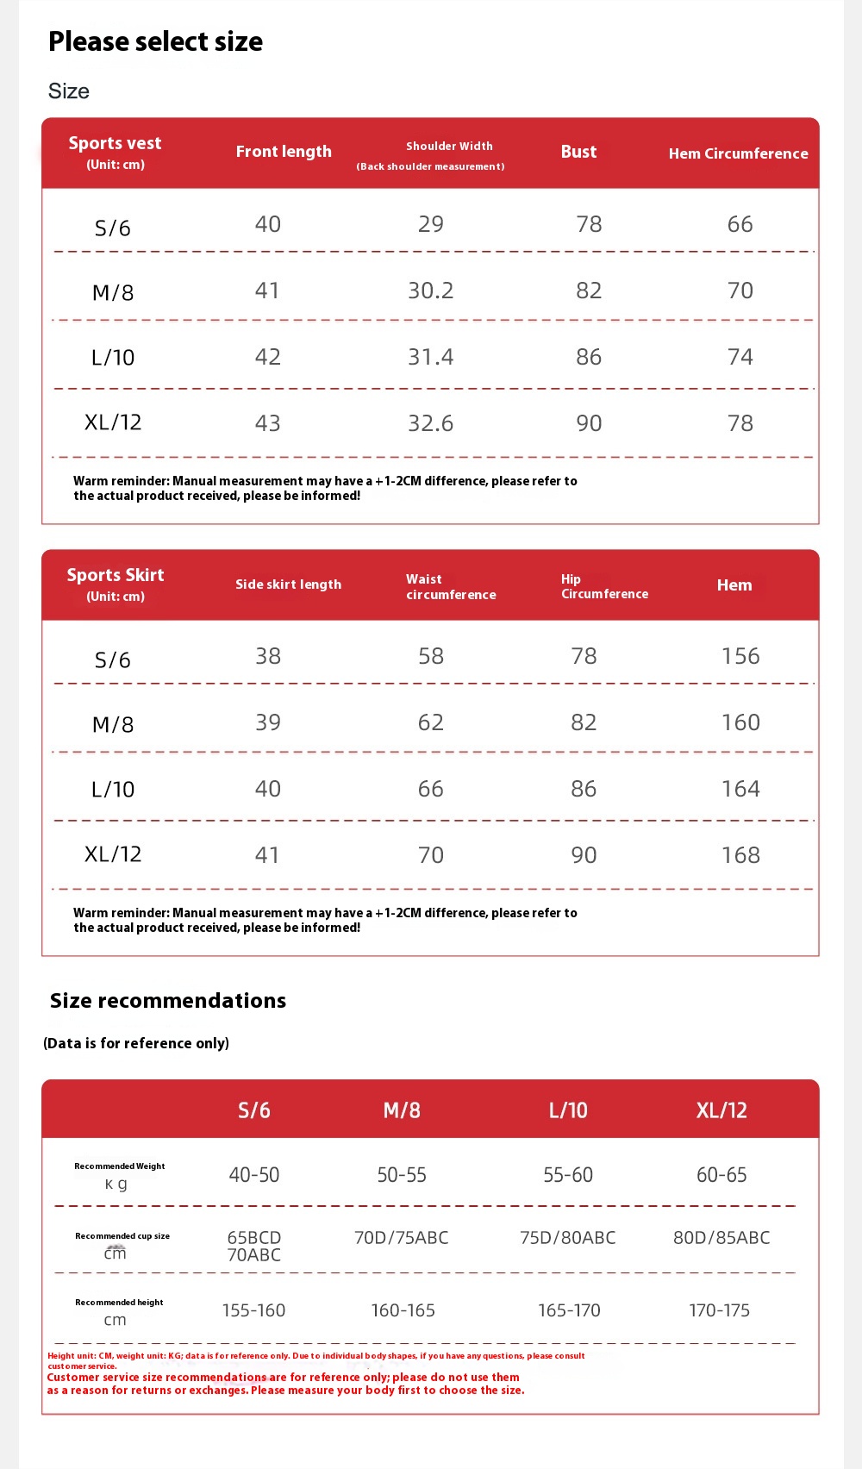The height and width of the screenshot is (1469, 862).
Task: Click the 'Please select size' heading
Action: [155, 41]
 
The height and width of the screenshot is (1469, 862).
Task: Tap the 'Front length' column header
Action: [284, 152]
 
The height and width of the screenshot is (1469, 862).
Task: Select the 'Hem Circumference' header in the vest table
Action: [738, 153]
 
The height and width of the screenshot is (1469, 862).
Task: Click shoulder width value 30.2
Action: [430, 291]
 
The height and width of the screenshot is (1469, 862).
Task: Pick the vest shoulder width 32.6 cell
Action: [430, 423]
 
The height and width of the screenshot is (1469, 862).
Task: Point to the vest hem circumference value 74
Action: [740, 357]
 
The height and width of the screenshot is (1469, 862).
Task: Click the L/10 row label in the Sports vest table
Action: [113, 358]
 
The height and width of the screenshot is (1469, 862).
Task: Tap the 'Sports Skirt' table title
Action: [116, 575]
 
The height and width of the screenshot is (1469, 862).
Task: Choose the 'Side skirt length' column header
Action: [288, 584]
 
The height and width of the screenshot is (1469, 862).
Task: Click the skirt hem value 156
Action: [740, 656]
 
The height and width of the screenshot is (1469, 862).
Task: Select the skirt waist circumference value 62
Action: [430, 722]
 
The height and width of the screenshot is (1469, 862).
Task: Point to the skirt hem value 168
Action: [740, 855]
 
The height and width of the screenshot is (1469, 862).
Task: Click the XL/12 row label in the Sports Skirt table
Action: [113, 854]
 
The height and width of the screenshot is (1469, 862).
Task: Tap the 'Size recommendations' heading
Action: [168, 1001]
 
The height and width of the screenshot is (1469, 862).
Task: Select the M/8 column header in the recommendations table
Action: [402, 1110]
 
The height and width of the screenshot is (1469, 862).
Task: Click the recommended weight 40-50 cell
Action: [254, 1175]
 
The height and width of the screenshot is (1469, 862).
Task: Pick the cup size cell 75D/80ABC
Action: [567, 1238]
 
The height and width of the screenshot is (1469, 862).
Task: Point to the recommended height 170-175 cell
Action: [719, 1310]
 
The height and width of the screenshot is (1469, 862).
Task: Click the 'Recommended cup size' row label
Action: [122, 1236]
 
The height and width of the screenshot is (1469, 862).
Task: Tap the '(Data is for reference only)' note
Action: [136, 1043]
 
